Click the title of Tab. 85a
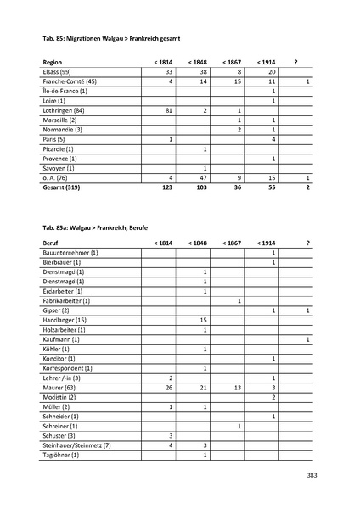click(96, 227)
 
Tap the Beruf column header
click(50, 243)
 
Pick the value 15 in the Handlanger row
click(204, 320)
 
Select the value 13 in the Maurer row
click(239, 388)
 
